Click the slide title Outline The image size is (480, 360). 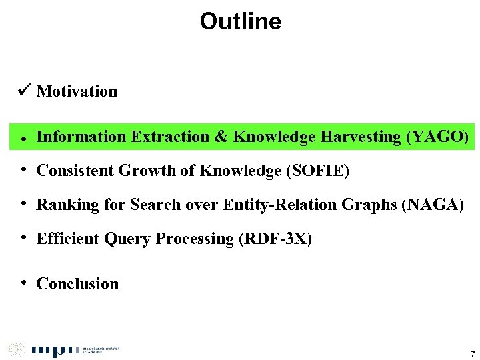point(240,21)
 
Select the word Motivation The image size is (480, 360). point(77,91)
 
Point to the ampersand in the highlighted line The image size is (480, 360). point(221,137)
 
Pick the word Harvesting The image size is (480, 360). point(361,137)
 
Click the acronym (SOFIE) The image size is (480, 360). point(317,171)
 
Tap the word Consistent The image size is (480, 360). point(75,171)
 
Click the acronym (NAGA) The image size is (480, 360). point(432,205)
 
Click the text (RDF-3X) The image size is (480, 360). point(275,239)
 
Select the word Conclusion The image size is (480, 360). point(77,284)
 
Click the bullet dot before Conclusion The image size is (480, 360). point(23,283)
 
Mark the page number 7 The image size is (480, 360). point(472,353)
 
